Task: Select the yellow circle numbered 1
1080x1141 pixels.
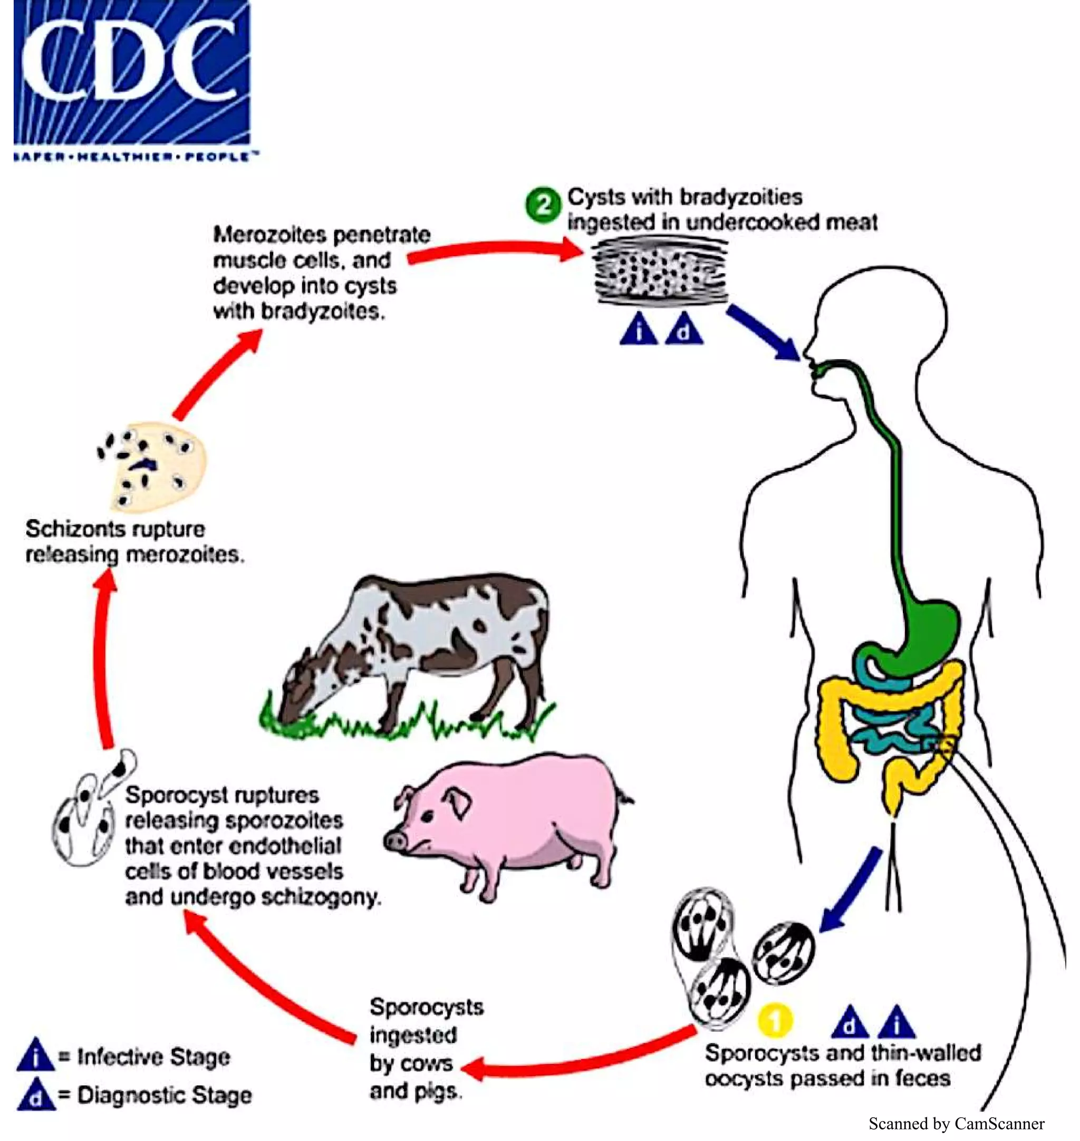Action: click(775, 1020)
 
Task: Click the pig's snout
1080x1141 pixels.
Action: click(396, 840)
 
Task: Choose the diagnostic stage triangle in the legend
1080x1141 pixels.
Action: click(36, 1095)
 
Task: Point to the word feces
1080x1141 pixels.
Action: click(922, 1078)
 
